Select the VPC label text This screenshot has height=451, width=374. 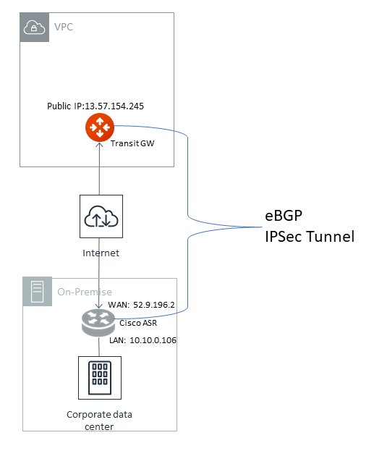[64, 28]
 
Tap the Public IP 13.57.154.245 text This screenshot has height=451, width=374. [95, 106]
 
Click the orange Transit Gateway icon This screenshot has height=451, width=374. [96, 127]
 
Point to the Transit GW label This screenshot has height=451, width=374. [132, 143]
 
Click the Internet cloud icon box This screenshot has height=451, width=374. [101, 216]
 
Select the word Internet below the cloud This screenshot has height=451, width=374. [101, 253]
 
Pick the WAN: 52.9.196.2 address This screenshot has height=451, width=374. [143, 305]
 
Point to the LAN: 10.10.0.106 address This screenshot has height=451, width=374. [143, 340]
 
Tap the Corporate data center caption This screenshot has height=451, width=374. [99, 421]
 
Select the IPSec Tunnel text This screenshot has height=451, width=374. [310, 236]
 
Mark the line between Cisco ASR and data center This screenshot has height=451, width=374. [99, 345]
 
